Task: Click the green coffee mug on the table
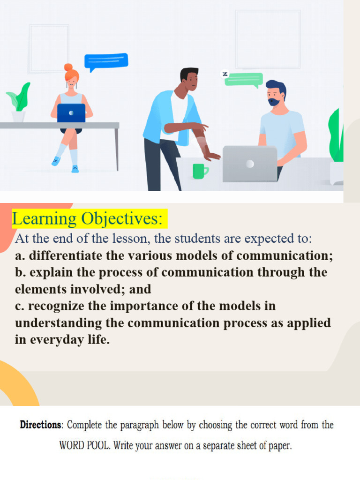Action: coord(200,171)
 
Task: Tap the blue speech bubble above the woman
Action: coord(106,61)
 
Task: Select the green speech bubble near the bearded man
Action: coord(244,79)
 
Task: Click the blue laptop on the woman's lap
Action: coord(71,113)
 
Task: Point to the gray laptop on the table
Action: coord(249,164)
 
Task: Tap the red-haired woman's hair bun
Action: coord(68,67)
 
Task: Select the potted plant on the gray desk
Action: coord(19,103)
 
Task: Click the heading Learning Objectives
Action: coord(88,218)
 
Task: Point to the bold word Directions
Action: coord(41,425)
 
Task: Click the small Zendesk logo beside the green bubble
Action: coord(225,74)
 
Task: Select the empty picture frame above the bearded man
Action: coord(268,39)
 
